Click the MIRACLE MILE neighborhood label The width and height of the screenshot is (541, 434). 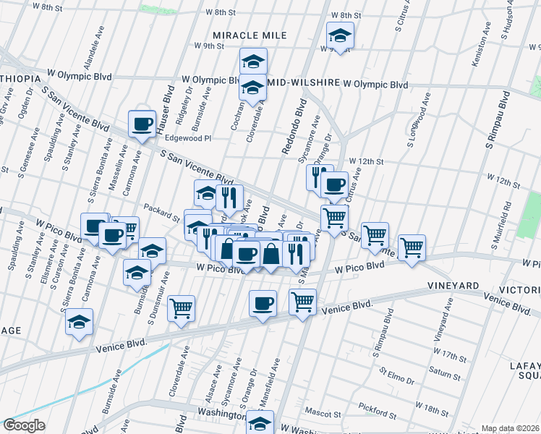(250, 35)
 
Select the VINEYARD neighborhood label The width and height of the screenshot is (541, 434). (452, 286)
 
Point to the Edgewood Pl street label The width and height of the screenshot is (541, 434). (187, 137)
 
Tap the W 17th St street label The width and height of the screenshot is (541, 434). (453, 357)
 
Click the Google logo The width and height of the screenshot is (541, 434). (25, 425)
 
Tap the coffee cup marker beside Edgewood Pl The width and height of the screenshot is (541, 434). (142, 123)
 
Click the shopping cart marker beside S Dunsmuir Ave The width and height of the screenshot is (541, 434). (181, 307)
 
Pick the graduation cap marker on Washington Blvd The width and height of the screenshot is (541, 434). (261, 422)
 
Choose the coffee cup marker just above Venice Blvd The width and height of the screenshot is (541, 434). (263, 302)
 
